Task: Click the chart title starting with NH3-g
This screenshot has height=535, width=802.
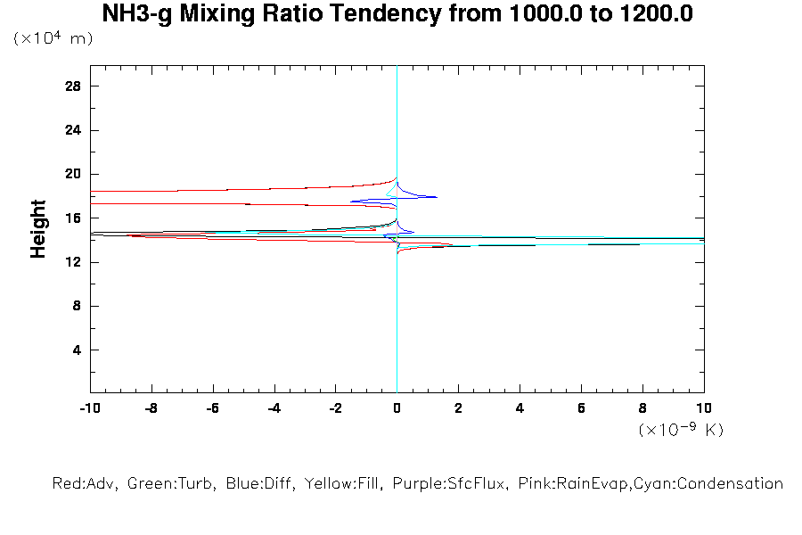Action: [397, 14]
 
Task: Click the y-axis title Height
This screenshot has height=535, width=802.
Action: [38, 230]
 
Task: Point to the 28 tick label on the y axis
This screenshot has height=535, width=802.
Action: [73, 86]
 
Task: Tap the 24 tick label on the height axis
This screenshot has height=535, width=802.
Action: [73, 130]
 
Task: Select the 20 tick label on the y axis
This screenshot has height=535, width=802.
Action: [73, 174]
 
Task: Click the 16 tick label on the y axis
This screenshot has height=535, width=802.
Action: [73, 218]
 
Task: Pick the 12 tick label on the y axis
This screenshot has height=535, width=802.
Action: [73, 262]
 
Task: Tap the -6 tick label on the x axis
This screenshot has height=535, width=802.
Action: [212, 408]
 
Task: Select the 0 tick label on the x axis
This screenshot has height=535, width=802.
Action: [397, 408]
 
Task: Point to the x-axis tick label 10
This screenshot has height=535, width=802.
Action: [703, 408]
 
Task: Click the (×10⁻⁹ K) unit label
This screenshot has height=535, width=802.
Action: [681, 430]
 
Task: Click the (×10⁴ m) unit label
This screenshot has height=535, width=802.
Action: [53, 38]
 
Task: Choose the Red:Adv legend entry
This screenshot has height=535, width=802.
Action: [86, 484]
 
